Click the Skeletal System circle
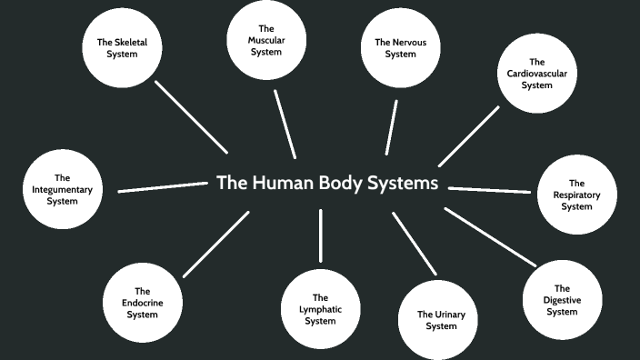point(123,47)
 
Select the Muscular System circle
point(266,41)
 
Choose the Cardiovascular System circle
point(537,73)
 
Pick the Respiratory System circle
point(576,195)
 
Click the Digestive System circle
point(562,300)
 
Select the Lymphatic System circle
point(320,309)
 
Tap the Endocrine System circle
point(142,303)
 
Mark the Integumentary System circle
point(62,189)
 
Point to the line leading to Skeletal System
point(191,116)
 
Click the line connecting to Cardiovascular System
point(468,136)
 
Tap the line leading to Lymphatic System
point(320,235)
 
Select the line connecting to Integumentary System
point(164,187)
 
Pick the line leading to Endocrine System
point(215,245)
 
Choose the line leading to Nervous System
point(391,127)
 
